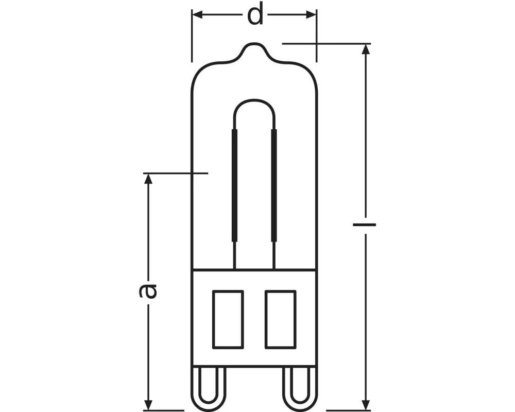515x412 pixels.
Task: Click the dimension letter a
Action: (x=148, y=290)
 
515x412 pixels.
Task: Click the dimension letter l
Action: (x=365, y=225)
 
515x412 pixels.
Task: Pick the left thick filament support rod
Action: (x=235, y=185)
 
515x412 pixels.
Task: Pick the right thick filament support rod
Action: (x=273, y=185)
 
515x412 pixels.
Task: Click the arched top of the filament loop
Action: (x=254, y=101)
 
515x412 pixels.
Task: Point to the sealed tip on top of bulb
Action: (x=255, y=47)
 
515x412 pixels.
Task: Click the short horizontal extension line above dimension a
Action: (x=175, y=174)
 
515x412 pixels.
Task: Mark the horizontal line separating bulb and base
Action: (x=254, y=269)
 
